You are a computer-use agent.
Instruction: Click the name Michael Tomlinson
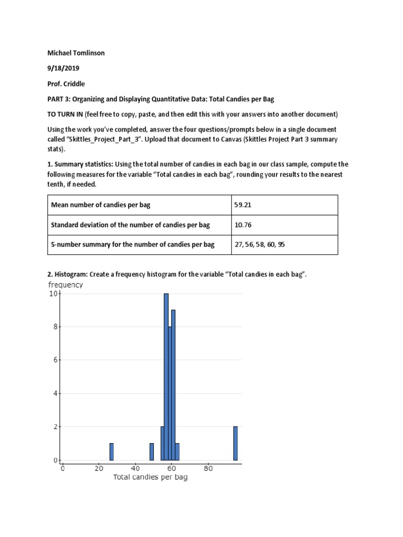point(76,53)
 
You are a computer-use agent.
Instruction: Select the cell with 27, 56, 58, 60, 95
point(259,245)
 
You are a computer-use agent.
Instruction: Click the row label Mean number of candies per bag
point(100,205)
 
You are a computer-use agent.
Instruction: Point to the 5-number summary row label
point(132,245)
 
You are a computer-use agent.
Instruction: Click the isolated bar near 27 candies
point(111,452)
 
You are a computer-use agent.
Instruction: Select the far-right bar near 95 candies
point(236,443)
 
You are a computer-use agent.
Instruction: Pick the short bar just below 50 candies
point(152,452)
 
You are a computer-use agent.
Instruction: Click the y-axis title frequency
point(65,285)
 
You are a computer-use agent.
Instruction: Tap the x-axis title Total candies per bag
point(151,478)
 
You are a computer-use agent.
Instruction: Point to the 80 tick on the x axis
point(208,468)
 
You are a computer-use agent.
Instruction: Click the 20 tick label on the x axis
point(99,468)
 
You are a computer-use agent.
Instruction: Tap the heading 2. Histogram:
point(68,275)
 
